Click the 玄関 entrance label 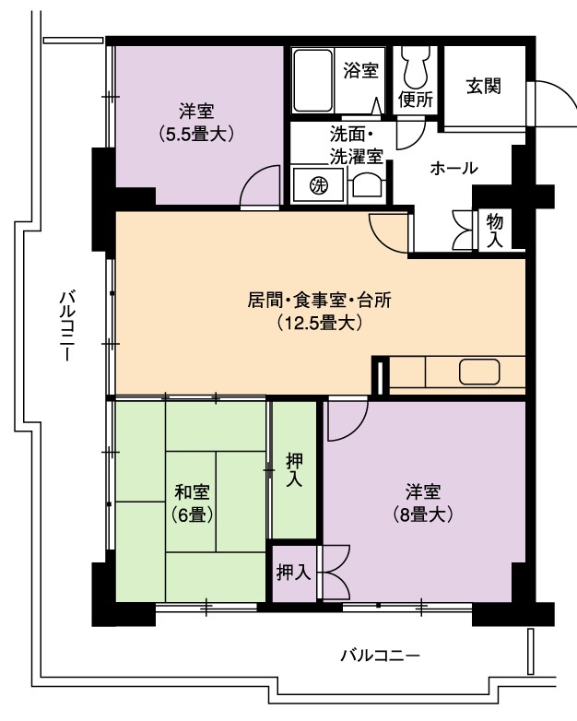tap(483, 86)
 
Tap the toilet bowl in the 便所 tap(414, 66)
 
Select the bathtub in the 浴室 tap(312, 80)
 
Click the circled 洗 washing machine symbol tap(319, 185)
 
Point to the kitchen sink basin tap(479, 372)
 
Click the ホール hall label tap(453, 169)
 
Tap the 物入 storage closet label tap(495, 230)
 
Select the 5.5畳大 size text tap(196, 134)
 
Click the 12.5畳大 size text tap(320, 323)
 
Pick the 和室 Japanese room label tap(193, 492)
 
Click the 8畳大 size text tap(423, 514)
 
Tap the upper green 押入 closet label tap(294, 469)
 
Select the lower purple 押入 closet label tap(293, 573)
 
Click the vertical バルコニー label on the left tap(67, 325)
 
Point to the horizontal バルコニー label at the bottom tap(380, 655)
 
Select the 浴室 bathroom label tap(361, 70)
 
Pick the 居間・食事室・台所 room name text tap(320, 301)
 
